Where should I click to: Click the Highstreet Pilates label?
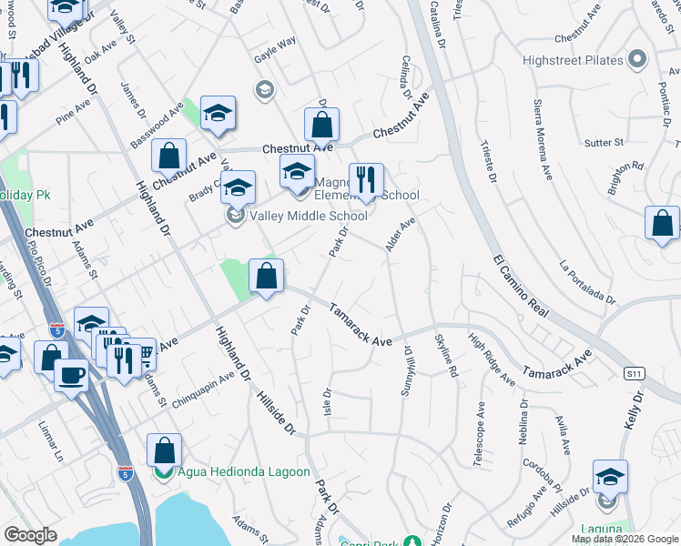(x=573, y=60)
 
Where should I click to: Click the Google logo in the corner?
(x=30, y=535)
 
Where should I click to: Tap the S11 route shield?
(x=635, y=373)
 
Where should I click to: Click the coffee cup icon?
(x=72, y=374)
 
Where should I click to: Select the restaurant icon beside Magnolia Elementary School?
(x=366, y=178)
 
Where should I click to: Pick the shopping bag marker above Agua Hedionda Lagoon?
(x=164, y=449)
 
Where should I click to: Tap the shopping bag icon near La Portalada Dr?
(x=662, y=223)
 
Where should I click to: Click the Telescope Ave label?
(x=479, y=431)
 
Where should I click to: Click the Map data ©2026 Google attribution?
(x=625, y=539)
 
